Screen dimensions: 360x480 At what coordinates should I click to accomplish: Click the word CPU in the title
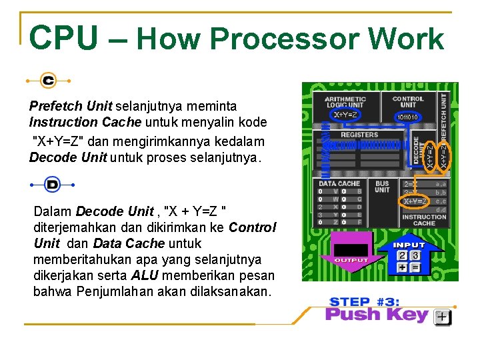pyautogui.click(x=63, y=39)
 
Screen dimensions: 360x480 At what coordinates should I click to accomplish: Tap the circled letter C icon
pyautogui.click(x=48, y=81)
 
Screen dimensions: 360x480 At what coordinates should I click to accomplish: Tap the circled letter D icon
pyautogui.click(x=52, y=185)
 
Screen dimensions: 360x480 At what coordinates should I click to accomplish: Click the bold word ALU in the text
pyautogui.click(x=145, y=275)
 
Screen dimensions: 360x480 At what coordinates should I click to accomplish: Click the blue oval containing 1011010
pyautogui.click(x=407, y=117)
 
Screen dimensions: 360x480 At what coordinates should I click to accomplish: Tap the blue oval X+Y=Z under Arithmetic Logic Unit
pyautogui.click(x=345, y=115)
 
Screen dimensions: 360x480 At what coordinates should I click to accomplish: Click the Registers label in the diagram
pyautogui.click(x=359, y=135)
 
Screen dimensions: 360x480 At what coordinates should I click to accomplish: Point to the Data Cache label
pyautogui.click(x=339, y=183)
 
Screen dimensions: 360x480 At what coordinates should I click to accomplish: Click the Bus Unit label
pyautogui.click(x=382, y=186)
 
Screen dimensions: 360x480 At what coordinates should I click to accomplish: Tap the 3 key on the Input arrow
pyautogui.click(x=415, y=255)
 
